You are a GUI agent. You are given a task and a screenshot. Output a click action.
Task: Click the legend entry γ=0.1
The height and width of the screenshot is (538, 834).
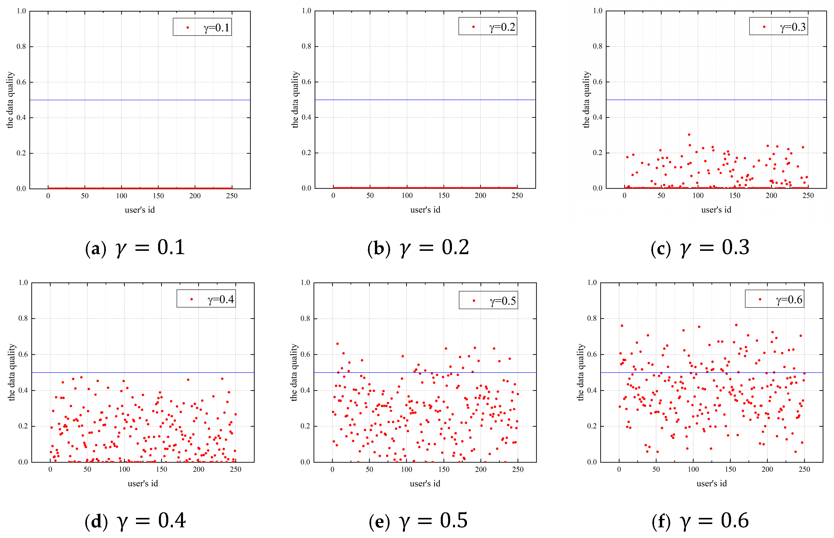(203, 27)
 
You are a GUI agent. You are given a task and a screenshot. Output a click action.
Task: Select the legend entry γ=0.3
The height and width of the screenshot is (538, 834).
(778, 26)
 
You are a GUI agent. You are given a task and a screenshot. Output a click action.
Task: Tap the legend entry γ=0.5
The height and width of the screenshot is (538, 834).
(489, 300)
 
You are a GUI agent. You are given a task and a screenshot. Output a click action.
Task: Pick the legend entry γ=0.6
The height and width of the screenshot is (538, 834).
(775, 299)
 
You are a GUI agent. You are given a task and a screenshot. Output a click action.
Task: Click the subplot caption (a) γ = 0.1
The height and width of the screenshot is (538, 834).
(135, 248)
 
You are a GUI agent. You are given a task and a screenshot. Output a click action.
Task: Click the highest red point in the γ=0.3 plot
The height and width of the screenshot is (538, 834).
(689, 134)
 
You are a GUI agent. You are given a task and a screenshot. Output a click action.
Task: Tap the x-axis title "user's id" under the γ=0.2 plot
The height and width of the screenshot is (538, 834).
(425, 210)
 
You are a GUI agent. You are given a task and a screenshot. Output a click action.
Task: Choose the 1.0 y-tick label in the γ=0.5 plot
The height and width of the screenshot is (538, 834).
(305, 282)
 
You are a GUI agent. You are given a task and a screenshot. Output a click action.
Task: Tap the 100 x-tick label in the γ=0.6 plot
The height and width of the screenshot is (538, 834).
(693, 469)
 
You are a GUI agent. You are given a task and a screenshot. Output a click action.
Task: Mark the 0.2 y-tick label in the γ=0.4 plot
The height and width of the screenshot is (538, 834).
(23, 426)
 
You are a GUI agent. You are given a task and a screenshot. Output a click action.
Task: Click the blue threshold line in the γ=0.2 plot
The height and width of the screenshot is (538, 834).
(425, 100)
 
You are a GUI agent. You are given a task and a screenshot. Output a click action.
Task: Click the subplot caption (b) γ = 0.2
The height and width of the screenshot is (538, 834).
(418, 248)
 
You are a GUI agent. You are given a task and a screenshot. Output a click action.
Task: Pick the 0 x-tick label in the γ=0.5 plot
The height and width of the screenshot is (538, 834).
(332, 469)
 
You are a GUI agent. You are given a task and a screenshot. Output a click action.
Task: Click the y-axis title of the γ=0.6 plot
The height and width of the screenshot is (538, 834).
(580, 372)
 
